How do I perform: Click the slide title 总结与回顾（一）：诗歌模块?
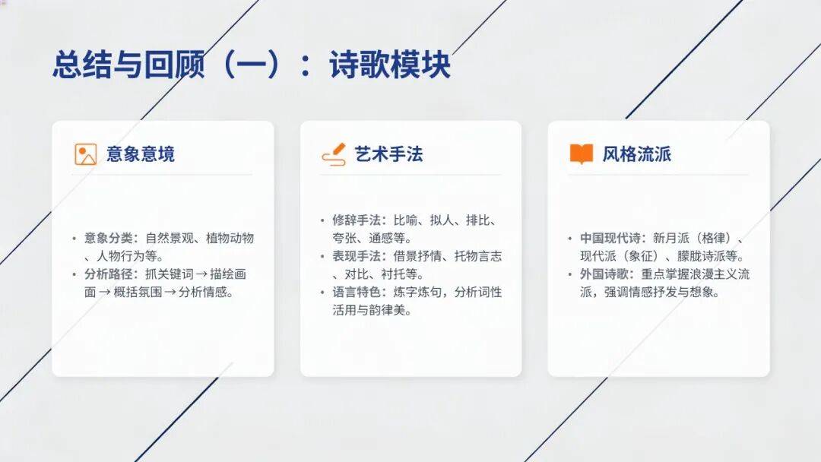pyautogui.click(x=252, y=65)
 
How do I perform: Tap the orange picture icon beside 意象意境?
pyautogui.click(x=85, y=154)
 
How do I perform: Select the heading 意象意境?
pyautogui.click(x=141, y=154)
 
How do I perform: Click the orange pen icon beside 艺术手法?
pyautogui.click(x=334, y=154)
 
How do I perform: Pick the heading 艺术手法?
pyautogui.click(x=388, y=154)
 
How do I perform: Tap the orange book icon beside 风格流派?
pyautogui.click(x=582, y=153)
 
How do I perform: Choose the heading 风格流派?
pyautogui.click(x=637, y=154)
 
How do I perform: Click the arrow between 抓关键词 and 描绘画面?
pyautogui.click(x=201, y=274)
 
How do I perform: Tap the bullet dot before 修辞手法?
pyautogui.click(x=322, y=221)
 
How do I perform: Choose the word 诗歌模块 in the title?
pyautogui.click(x=390, y=65)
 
